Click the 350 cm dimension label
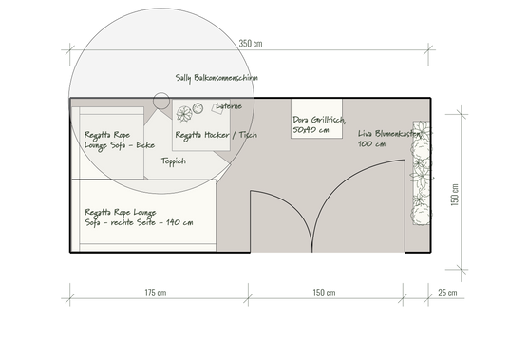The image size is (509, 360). pyautogui.click(x=251, y=44)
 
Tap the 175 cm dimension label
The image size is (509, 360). pyautogui.click(x=156, y=293)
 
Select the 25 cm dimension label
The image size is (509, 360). pyautogui.click(x=447, y=293)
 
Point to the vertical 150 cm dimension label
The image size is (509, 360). pyautogui.click(x=455, y=195)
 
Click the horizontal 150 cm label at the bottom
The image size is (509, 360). pyautogui.click(x=324, y=293)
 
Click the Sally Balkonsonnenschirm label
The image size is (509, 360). pyautogui.click(x=217, y=78)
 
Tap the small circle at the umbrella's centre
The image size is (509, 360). pyautogui.click(x=161, y=101)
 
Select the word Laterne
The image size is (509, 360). pyautogui.click(x=229, y=106)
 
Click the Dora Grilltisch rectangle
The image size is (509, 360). pyautogui.click(x=316, y=119)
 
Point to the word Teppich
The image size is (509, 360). pyautogui.click(x=174, y=161)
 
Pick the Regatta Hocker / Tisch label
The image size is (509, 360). pyautogui.click(x=217, y=135)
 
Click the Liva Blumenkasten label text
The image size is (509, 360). pyautogui.click(x=389, y=139)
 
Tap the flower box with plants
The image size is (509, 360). pyautogui.click(x=422, y=173)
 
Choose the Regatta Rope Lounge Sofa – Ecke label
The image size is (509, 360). pyautogui.click(x=120, y=140)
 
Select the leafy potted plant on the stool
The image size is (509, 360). pyautogui.click(x=184, y=114)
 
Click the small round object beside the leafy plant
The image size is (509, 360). pyautogui.click(x=198, y=108)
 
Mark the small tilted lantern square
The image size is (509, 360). pyautogui.click(x=217, y=109)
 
